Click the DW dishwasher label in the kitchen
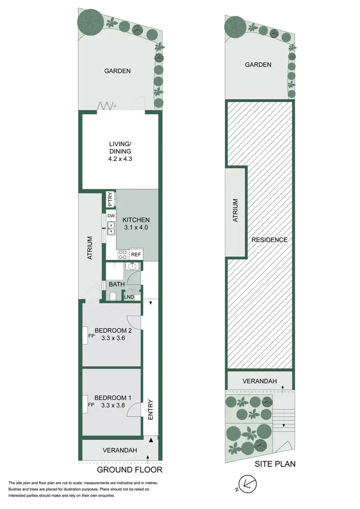tap(111, 216)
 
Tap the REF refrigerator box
tap(136, 254)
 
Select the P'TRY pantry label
tap(110, 199)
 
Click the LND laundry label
tap(129, 297)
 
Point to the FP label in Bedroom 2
tap(91, 336)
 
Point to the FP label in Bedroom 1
tap(91, 405)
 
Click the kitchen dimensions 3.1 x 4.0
tap(136, 228)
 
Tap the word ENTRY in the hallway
tap(151, 410)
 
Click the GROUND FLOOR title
tap(130, 470)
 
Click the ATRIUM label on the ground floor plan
tap(90, 248)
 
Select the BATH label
tap(117, 284)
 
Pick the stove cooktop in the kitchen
tap(122, 254)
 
